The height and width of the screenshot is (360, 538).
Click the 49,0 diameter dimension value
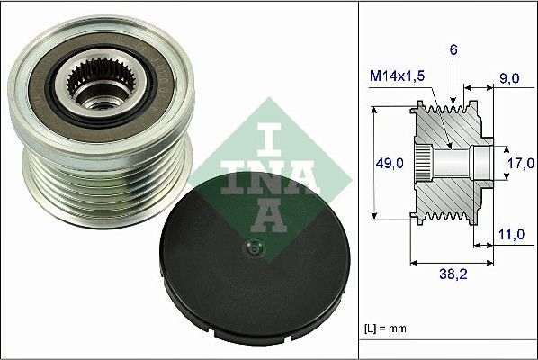tap(389, 164)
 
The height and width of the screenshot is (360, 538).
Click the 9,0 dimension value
tap(511, 78)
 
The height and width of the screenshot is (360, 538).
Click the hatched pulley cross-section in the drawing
tap(450, 193)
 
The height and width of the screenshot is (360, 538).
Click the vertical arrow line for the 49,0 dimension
tap(372, 164)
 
